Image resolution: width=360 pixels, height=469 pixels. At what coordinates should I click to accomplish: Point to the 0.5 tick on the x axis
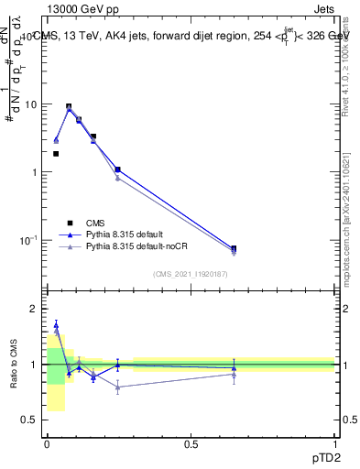[191, 444]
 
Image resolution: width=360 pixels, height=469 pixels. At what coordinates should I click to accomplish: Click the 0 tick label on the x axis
[47, 444]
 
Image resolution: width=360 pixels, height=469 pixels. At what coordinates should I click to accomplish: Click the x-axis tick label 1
[334, 444]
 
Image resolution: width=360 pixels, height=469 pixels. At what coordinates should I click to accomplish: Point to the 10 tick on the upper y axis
[31, 104]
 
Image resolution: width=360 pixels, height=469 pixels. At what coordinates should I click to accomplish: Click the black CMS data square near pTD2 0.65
[234, 249]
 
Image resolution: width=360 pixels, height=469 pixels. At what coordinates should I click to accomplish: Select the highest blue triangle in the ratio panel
[56, 324]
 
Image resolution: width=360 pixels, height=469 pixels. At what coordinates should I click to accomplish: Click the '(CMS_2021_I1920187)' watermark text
[191, 274]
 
